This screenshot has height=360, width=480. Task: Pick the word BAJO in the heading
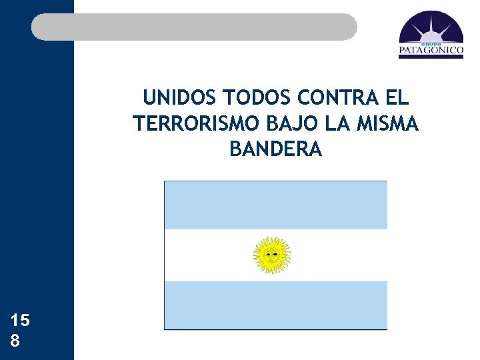283,124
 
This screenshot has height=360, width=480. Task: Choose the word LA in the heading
329,124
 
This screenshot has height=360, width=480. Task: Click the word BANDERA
275,149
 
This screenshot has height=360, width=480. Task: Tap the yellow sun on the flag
272,255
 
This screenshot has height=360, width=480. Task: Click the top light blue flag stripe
275,205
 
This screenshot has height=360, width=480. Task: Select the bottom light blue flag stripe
275,305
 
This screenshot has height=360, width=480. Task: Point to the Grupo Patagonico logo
431,35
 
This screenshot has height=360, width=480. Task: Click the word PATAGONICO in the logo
431,49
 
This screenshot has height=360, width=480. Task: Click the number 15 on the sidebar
21,321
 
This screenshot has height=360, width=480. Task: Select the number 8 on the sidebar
15,341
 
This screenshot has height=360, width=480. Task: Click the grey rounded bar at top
194,27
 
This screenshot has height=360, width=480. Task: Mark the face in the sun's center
272,255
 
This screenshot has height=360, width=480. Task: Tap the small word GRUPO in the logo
431,42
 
